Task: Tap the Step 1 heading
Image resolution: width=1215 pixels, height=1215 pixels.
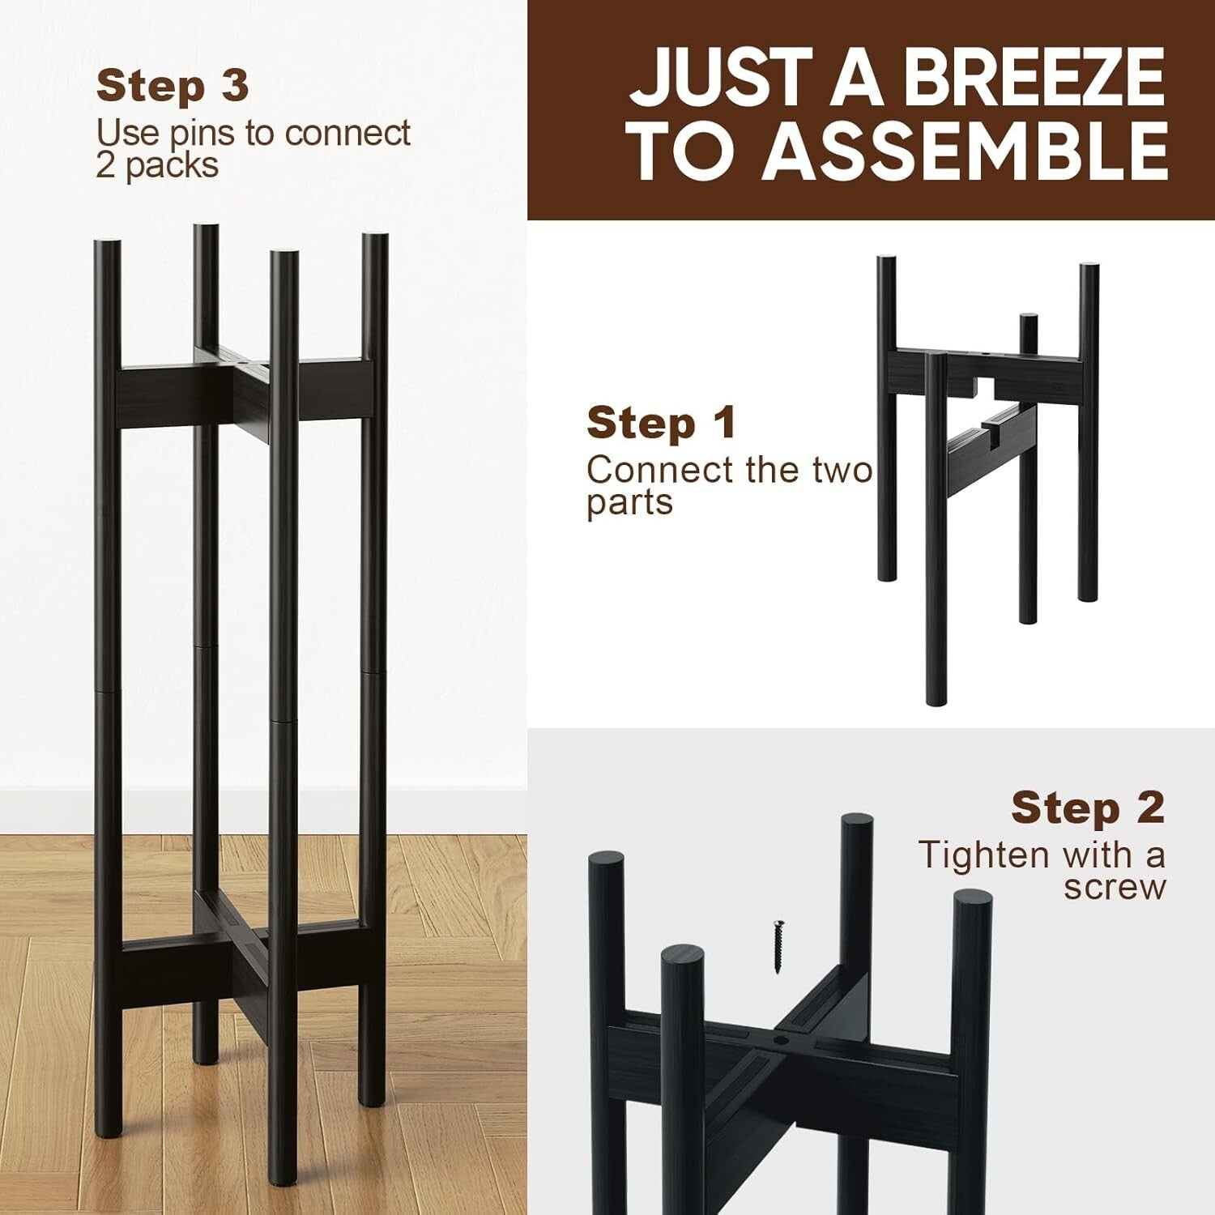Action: click(x=661, y=423)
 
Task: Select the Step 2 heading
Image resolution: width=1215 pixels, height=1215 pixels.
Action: click(x=1087, y=808)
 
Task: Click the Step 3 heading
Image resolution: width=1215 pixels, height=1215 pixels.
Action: click(x=172, y=86)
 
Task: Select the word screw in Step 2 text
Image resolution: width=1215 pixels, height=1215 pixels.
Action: click(x=1115, y=887)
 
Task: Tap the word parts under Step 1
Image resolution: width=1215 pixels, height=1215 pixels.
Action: click(x=629, y=502)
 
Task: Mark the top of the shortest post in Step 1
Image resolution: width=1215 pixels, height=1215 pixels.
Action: click(x=1028, y=318)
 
